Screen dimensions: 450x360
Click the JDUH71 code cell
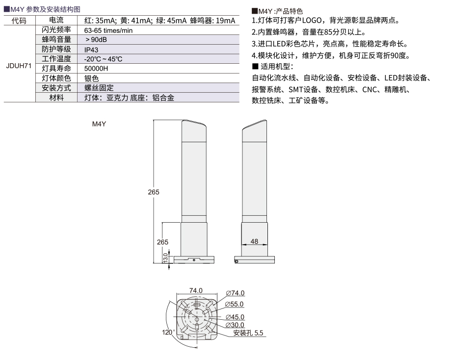tap(19, 66)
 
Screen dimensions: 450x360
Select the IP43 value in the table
tap(91, 50)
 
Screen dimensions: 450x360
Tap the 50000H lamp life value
tap(96, 69)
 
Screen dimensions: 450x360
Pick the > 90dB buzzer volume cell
tap(96, 40)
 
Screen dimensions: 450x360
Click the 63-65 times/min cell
tap(108, 30)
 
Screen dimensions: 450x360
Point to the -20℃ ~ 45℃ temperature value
tap(104, 59)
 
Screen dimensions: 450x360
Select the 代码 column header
tap(19, 21)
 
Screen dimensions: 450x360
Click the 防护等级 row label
tap(56, 49)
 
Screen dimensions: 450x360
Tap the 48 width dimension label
tap(254, 241)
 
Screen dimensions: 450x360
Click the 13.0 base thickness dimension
tap(165, 257)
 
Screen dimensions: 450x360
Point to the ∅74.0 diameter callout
tap(235, 293)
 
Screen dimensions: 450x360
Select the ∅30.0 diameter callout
tap(235, 325)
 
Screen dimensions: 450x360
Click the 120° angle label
tap(168, 332)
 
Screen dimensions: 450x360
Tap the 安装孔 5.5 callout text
tap(248, 333)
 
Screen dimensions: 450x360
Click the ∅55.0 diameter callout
tap(234, 304)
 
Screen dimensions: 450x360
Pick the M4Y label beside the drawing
tap(99, 124)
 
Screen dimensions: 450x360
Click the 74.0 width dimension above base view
tap(196, 290)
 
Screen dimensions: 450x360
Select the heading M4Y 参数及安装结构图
tap(42, 9)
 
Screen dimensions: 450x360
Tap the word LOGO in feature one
tap(312, 21)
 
